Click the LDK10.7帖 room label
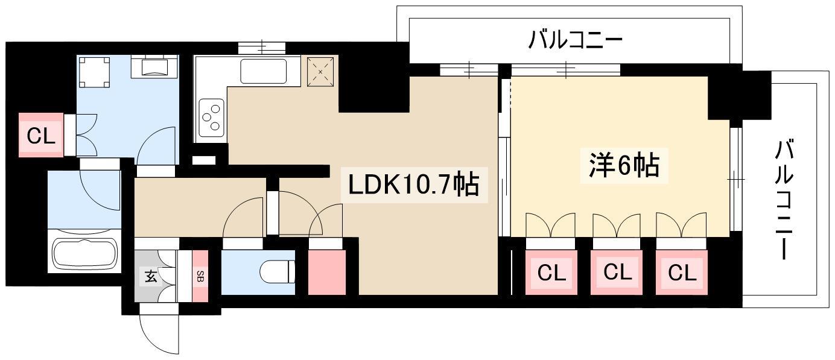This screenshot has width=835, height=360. [x=414, y=185]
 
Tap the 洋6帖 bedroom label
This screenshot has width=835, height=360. [x=624, y=165]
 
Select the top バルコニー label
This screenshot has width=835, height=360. [x=576, y=40]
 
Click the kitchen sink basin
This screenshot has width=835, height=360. [x=263, y=72]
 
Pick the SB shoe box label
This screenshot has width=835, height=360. [x=200, y=276]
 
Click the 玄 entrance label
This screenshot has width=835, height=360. [x=151, y=276]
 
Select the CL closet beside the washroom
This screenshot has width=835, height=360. [x=41, y=135]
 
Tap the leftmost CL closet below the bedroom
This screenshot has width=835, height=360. [x=551, y=273]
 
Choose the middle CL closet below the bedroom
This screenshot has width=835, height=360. [x=617, y=273]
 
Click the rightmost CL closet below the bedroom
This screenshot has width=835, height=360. [x=682, y=273]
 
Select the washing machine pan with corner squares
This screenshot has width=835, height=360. [x=94, y=72]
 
